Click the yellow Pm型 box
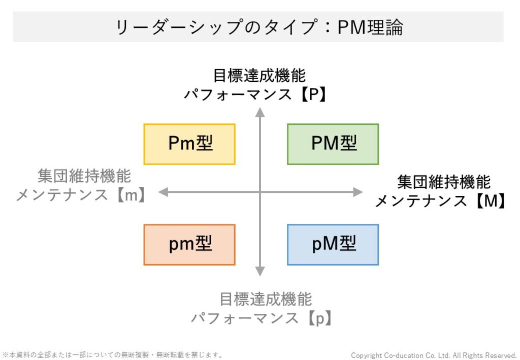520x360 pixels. pos(189,144)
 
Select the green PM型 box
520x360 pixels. pos(333,144)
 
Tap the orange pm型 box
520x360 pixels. pos(189,245)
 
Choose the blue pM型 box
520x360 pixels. pos(333,245)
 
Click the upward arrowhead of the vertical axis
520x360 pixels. pos(260,112)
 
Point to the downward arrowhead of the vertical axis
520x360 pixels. pos(260,272)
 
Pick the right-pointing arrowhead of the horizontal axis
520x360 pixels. pos(358,192)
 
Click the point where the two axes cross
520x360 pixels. pos(260,192)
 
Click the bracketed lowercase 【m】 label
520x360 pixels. pos(131,195)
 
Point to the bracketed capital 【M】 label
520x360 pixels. pos(491,201)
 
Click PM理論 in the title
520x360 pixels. pos(370,27)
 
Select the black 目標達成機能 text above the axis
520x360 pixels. pos(259,76)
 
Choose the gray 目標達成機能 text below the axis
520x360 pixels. pos(266,299)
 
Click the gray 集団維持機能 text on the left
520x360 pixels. pos(84,176)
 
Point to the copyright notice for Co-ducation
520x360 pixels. pos(434,355)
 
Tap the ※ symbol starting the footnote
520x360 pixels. pos(5,355)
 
